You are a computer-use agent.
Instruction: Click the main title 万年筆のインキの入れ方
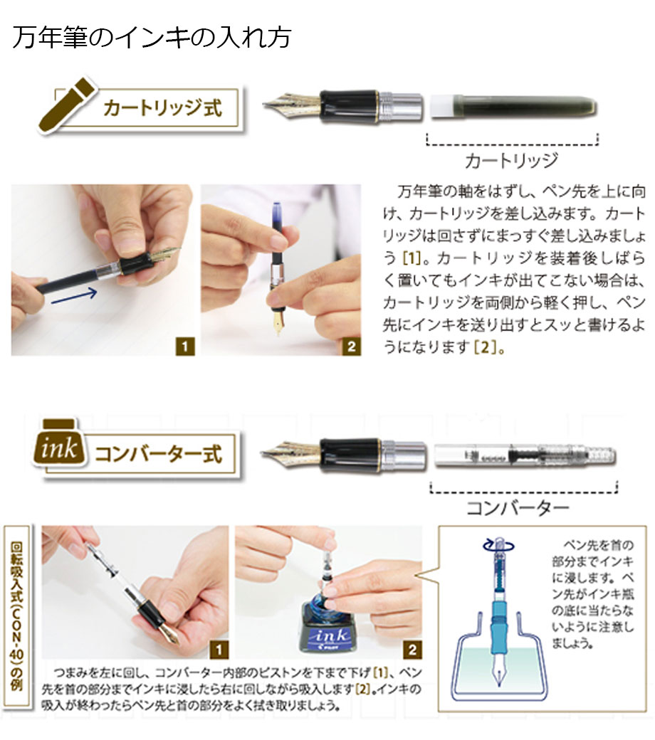point(152,37)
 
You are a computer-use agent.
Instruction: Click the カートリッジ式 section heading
point(162,108)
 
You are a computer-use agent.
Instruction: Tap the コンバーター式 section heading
point(159,453)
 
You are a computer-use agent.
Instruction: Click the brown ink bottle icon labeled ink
point(59,443)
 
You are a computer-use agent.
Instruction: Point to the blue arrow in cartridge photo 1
point(74,297)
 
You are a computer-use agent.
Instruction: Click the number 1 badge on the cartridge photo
point(184,347)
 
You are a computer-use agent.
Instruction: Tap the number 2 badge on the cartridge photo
point(351,347)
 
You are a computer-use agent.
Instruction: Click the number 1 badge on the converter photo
point(218,650)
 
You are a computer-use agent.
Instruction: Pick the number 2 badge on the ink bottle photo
point(412,650)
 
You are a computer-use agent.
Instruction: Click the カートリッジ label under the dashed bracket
point(512,161)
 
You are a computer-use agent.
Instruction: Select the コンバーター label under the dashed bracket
point(518,508)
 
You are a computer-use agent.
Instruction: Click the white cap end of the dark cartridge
point(444,106)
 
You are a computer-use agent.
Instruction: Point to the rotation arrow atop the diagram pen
point(498,545)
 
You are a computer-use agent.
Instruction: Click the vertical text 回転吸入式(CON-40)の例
point(16,616)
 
